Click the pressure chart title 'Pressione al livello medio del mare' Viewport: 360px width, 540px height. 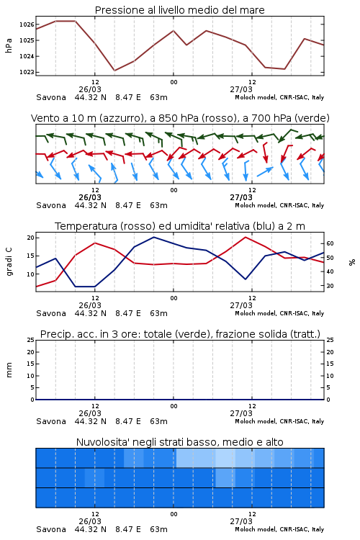click(x=179, y=10)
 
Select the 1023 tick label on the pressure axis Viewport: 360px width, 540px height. click(x=26, y=72)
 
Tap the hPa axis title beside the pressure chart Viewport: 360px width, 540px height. click(x=9, y=45)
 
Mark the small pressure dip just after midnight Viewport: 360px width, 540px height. click(x=186, y=45)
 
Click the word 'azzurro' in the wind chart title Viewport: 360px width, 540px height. click(x=121, y=119)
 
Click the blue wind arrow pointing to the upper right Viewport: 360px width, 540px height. click(x=265, y=172)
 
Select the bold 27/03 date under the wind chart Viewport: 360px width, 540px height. click(x=241, y=197)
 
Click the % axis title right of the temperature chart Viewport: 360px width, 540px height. click(x=352, y=262)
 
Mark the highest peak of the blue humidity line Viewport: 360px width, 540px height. click(x=153, y=237)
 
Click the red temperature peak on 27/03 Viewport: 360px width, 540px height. click(x=246, y=237)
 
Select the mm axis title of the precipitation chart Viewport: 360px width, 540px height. click(x=9, y=370)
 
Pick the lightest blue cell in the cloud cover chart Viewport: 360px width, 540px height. click(x=225, y=458)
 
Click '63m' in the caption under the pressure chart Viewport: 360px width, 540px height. click(x=158, y=97)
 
